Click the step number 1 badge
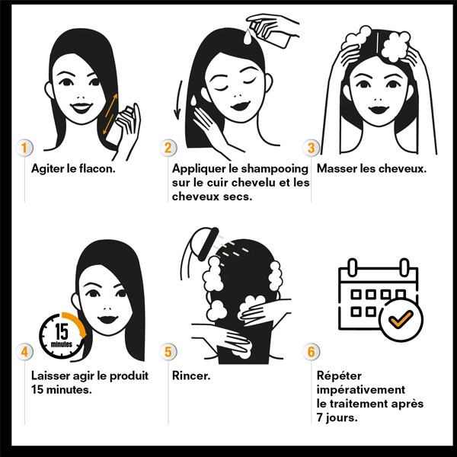[x=24, y=148]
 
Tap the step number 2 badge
[x=168, y=148]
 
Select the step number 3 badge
[x=312, y=148]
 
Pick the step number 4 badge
[x=24, y=352]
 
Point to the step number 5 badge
[x=168, y=352]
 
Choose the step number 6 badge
[x=312, y=352]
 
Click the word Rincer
[x=191, y=376]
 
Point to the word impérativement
[x=361, y=390]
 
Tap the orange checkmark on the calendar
[x=401, y=318]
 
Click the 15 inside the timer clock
[x=62, y=331]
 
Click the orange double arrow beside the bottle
[x=110, y=114]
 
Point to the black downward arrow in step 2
[x=178, y=100]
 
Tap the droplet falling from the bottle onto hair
[x=248, y=37]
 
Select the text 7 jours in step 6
[x=337, y=418]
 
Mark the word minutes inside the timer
[x=62, y=344]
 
